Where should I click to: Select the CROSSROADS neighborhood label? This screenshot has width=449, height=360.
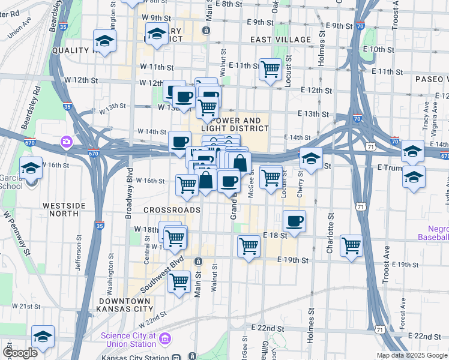click(x=171, y=210)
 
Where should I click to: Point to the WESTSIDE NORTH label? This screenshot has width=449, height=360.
click(x=69, y=209)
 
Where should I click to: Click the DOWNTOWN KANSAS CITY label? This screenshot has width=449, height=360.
click(x=125, y=304)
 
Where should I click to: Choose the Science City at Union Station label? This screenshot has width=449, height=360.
click(x=128, y=340)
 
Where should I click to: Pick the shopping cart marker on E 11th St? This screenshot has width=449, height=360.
click(x=271, y=69)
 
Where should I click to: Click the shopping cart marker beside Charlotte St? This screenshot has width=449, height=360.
click(x=351, y=245)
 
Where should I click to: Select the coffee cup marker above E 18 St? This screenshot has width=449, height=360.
click(x=294, y=221)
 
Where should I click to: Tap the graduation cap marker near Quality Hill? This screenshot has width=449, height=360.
click(x=104, y=41)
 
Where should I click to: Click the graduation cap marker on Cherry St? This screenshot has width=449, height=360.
click(x=311, y=158)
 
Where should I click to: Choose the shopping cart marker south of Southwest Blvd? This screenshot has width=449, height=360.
click(x=179, y=281)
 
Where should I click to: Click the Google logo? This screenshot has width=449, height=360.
click(x=20, y=352)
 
